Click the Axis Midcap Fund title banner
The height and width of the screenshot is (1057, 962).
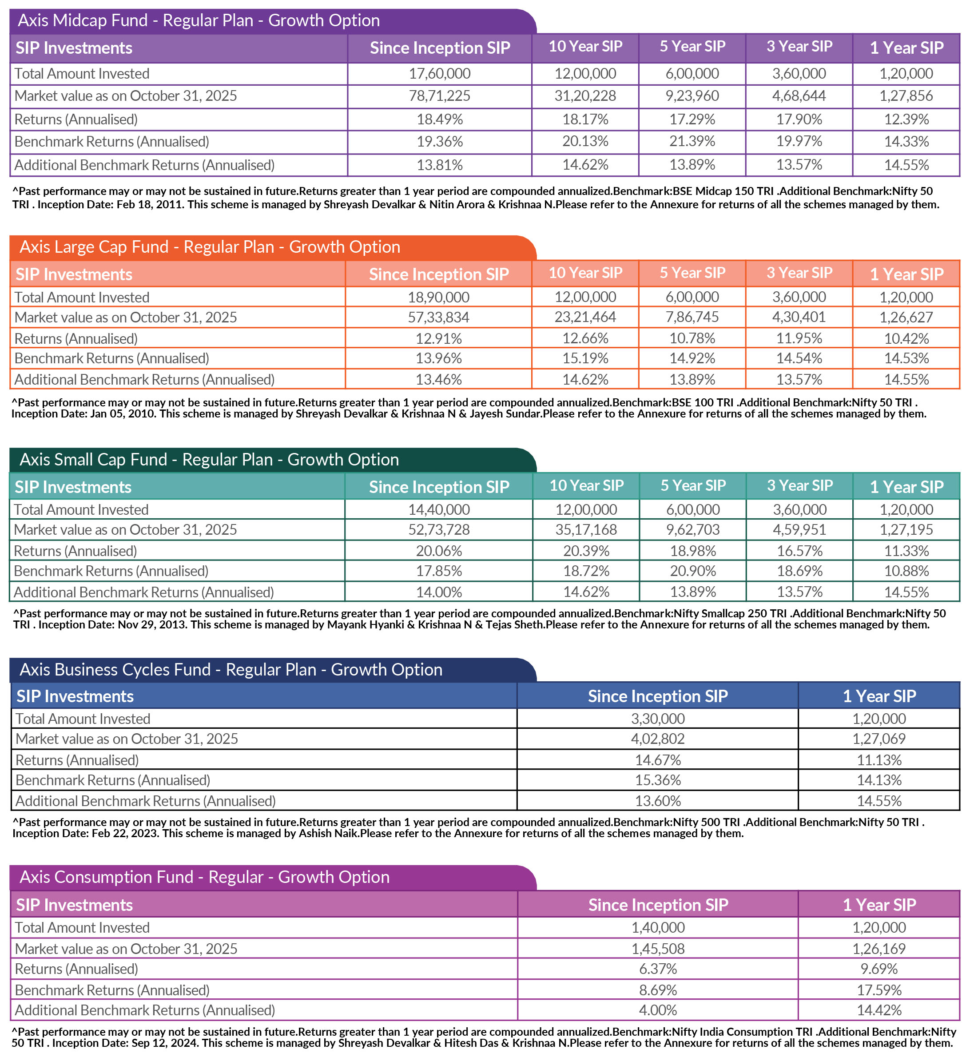tap(199, 20)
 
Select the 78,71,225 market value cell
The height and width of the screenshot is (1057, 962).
tap(439, 96)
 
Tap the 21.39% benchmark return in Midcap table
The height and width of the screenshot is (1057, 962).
tap(692, 142)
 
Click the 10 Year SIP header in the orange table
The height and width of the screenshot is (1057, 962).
tap(585, 273)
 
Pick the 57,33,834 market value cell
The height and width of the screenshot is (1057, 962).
tap(438, 317)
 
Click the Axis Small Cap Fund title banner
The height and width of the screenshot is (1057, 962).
tap(210, 460)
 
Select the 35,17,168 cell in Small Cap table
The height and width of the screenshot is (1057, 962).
tap(586, 529)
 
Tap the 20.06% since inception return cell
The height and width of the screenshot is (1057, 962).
tap(439, 551)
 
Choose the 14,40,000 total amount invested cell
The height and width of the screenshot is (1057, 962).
tap(439, 510)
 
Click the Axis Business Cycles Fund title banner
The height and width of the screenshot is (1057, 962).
tap(231, 670)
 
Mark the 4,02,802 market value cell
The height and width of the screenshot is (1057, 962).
tap(657, 739)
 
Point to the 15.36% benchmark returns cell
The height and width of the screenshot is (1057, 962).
tap(657, 780)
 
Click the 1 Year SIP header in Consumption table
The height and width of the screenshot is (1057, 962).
tap(879, 905)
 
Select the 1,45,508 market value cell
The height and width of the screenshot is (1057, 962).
tap(658, 949)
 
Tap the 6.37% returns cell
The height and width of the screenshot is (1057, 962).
tap(658, 969)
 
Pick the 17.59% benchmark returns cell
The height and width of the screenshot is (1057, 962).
tap(879, 990)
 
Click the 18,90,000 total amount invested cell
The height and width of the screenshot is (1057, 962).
tap(438, 297)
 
